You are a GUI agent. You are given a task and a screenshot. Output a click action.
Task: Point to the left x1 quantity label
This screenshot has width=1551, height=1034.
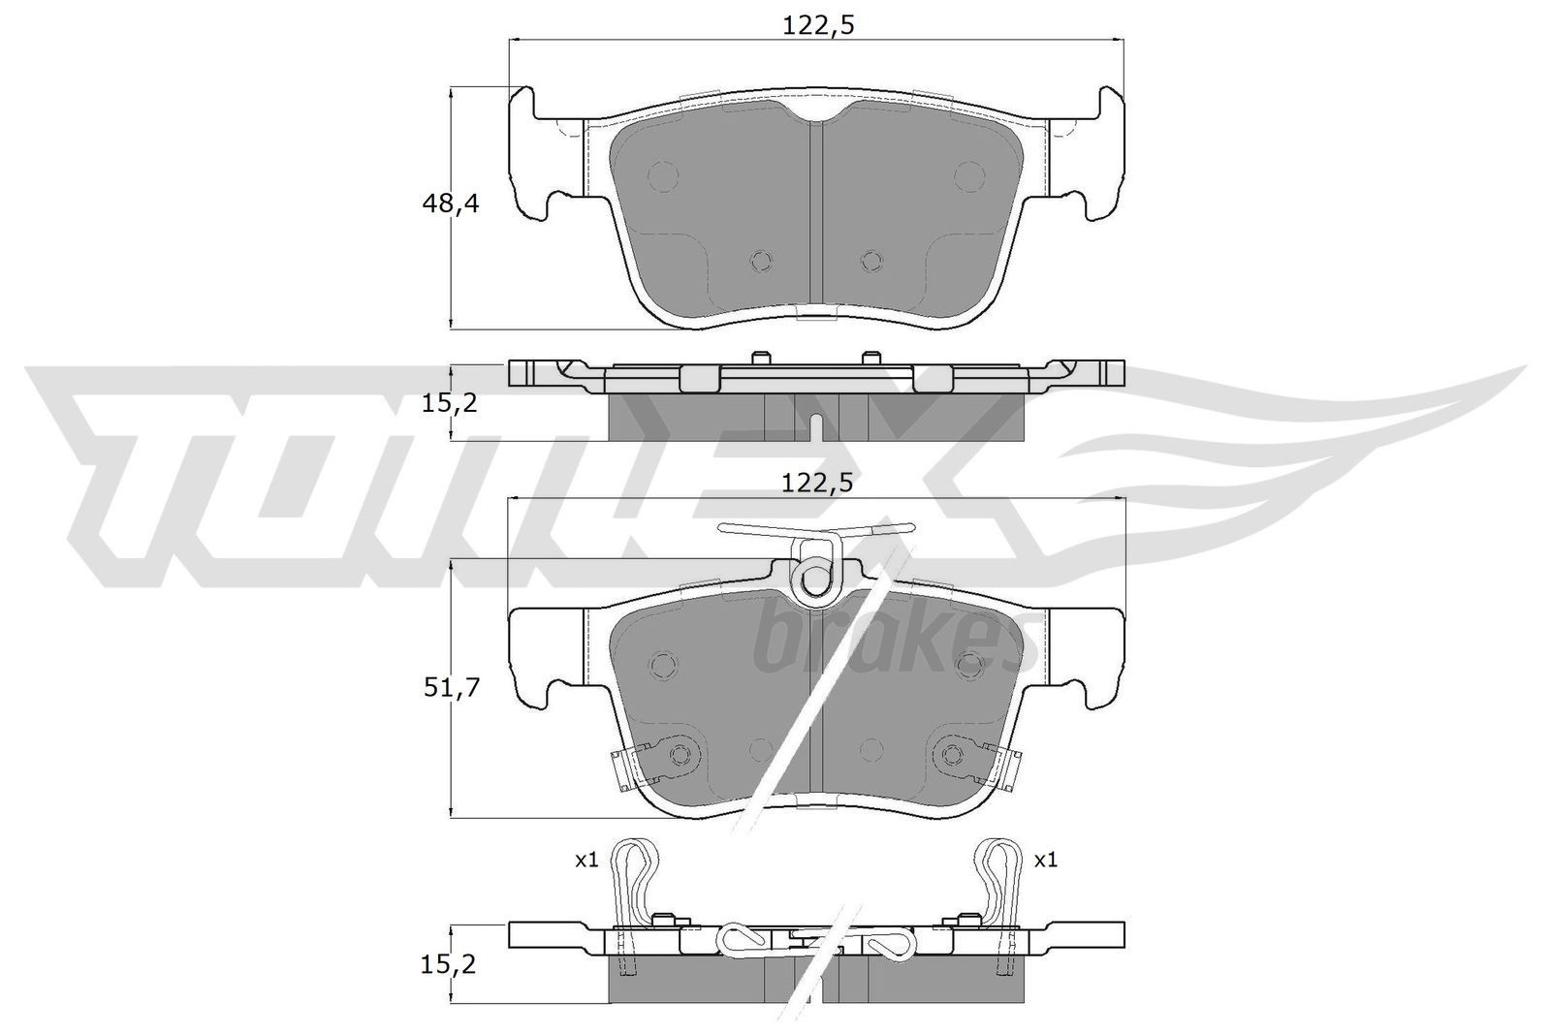click(x=586, y=860)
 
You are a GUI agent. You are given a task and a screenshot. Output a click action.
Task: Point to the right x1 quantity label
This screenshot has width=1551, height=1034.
click(x=1045, y=860)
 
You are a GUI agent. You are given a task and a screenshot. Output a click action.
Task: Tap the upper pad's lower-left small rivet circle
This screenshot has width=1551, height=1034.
click(x=762, y=260)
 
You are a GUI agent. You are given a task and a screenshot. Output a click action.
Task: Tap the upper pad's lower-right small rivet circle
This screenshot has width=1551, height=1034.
click(x=871, y=260)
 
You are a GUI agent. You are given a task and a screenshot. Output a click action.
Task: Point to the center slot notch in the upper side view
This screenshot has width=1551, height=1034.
click(x=816, y=426)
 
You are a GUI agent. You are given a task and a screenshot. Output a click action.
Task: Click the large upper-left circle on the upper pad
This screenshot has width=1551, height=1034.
click(x=663, y=175)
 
